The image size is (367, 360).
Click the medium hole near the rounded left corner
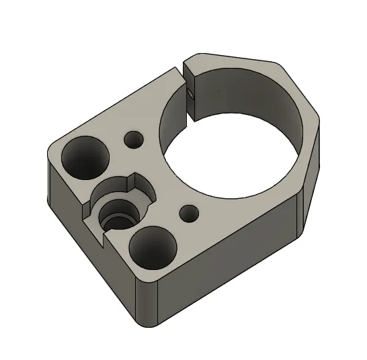[85, 156]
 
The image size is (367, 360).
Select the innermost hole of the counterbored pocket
[118, 218]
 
